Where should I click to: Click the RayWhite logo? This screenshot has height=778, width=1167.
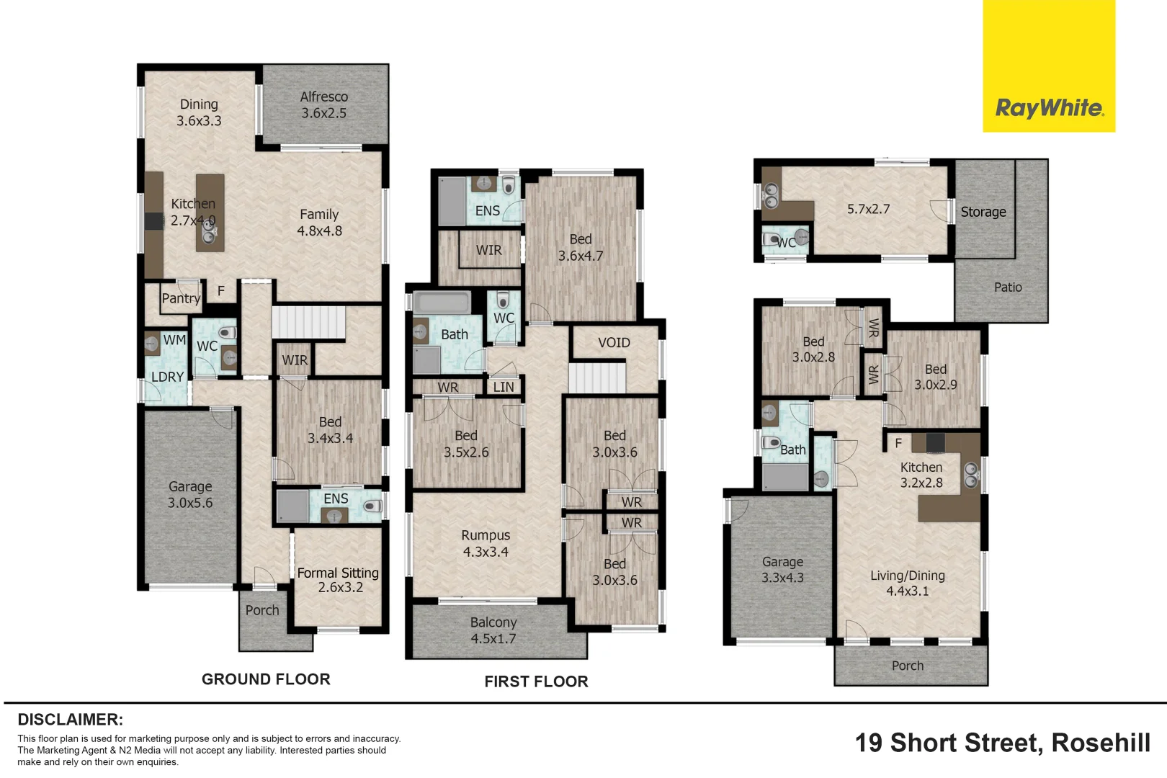click(1048, 108)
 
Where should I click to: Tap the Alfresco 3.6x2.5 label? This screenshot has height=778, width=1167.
click(323, 105)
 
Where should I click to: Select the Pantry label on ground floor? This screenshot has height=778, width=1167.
click(181, 298)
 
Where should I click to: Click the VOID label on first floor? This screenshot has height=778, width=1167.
click(614, 343)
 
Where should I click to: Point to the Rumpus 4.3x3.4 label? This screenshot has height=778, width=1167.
click(486, 544)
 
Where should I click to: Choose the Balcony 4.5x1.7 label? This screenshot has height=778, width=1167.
click(493, 630)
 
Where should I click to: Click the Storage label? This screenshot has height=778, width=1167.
click(983, 212)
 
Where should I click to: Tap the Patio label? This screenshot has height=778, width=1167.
click(1008, 287)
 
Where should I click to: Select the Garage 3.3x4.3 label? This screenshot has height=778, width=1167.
click(782, 570)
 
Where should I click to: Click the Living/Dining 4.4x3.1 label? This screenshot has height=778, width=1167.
click(907, 583)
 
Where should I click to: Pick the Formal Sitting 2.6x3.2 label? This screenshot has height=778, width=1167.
click(338, 580)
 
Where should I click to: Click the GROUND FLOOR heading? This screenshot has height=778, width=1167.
click(266, 679)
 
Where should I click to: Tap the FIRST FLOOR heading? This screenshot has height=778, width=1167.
click(536, 681)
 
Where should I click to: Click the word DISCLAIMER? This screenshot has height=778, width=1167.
click(70, 720)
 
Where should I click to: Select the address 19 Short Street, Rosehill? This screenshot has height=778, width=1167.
click(1002, 743)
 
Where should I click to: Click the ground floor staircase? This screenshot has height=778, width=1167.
click(308, 322)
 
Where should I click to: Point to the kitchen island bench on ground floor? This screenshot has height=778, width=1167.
click(210, 213)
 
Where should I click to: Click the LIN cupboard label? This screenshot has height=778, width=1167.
click(504, 387)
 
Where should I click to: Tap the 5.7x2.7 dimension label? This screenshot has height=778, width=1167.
click(868, 209)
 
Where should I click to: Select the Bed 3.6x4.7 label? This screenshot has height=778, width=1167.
click(581, 247)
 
